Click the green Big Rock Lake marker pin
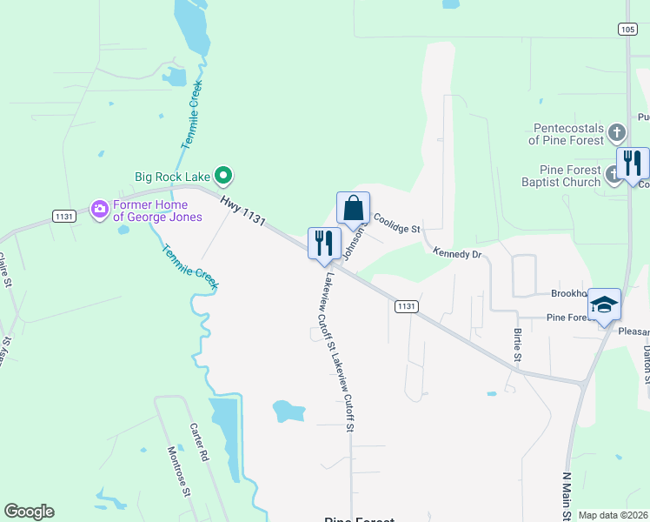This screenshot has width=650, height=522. point(223,176)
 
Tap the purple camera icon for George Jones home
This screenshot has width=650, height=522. point(99,208)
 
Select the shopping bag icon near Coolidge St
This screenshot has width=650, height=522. point(353,209)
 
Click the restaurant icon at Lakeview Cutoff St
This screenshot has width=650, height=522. point(325,244)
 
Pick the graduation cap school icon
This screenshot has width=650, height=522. point(605,304)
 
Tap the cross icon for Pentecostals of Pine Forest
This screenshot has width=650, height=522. point(616,133)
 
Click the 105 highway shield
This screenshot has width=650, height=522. point(627,29)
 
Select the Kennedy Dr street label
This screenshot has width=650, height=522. point(457,252)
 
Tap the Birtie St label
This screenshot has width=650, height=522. point(517,345)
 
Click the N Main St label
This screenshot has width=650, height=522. point(568,494)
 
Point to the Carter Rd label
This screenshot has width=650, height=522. point(199,443)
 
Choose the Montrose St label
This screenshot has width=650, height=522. point(178,471)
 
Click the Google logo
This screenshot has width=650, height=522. point(29,512)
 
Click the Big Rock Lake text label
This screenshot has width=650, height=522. point(174,176)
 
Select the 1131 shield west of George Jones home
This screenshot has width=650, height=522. point(64,217)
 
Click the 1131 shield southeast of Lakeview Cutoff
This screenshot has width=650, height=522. point(406,306)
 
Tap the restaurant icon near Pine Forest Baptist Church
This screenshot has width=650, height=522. point(633,163)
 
